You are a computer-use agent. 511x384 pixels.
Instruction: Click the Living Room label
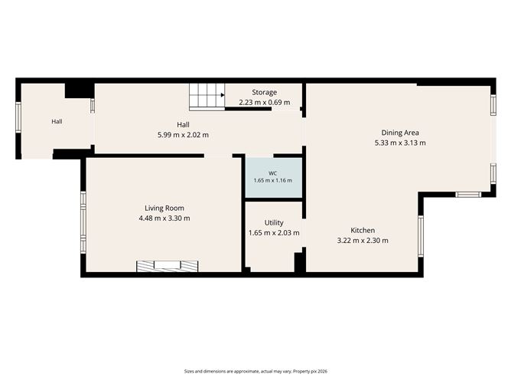(164, 208)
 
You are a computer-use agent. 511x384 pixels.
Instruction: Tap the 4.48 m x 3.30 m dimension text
(164, 218)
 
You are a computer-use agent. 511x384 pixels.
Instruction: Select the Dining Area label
(400, 133)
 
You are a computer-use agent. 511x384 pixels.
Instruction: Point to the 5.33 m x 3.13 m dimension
(400, 143)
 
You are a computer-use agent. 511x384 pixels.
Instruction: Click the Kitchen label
(363, 230)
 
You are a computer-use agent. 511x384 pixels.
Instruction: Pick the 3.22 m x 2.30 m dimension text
(363, 241)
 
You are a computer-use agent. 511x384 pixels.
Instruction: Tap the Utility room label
(274, 223)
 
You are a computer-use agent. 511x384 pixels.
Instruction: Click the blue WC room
(274, 178)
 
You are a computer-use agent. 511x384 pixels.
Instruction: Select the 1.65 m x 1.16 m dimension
(273, 180)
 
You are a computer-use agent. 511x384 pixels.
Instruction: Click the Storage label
(265, 93)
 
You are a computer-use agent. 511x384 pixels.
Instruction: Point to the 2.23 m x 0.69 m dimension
(265, 102)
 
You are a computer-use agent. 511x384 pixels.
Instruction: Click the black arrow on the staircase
(223, 95)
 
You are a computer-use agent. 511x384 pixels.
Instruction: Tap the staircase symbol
(207, 97)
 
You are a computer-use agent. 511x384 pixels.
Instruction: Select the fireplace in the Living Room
(168, 266)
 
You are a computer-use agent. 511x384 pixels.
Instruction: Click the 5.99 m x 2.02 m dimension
(183, 135)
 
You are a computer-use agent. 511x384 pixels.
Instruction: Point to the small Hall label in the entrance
(57, 121)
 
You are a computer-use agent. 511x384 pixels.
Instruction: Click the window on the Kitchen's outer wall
(421, 236)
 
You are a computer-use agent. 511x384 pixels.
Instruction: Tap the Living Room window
(83, 222)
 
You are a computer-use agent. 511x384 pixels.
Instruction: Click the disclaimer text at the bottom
(255, 371)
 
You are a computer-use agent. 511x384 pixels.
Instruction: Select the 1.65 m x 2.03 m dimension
(274, 233)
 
